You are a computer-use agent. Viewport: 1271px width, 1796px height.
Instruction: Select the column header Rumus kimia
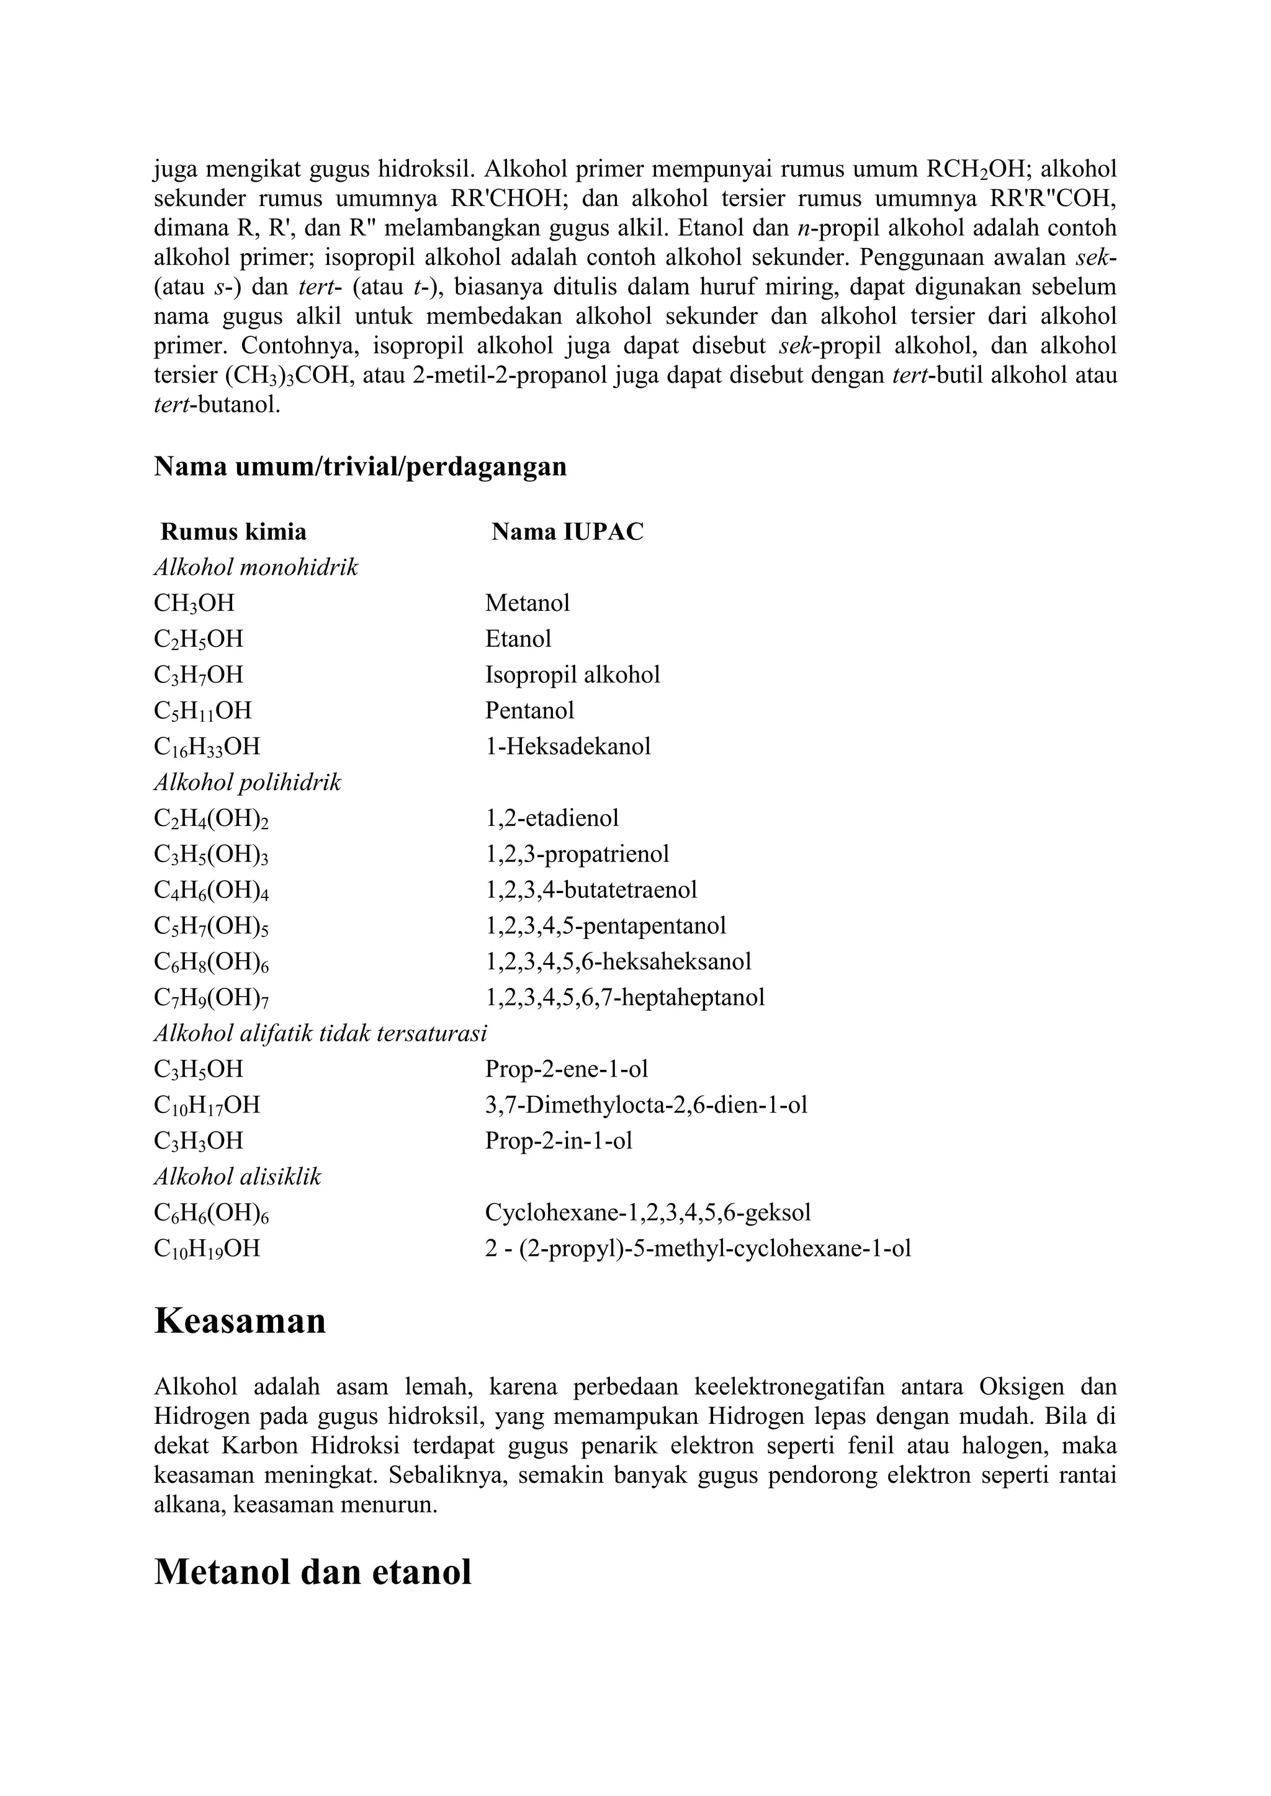[x=233, y=532]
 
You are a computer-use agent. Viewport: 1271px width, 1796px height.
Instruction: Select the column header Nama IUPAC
[x=567, y=532]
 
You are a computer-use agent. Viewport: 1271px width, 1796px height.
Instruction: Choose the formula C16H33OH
[x=207, y=747]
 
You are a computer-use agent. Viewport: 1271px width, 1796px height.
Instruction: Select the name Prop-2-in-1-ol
[x=558, y=1140]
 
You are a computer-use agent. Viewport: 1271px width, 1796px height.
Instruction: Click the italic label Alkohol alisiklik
[x=237, y=1176]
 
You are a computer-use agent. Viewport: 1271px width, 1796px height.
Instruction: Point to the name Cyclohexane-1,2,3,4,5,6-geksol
[x=647, y=1212]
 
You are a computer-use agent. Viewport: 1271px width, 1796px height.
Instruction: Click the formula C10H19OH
[x=207, y=1248]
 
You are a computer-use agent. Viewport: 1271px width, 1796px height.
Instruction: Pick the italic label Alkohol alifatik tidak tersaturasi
[x=320, y=1033]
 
